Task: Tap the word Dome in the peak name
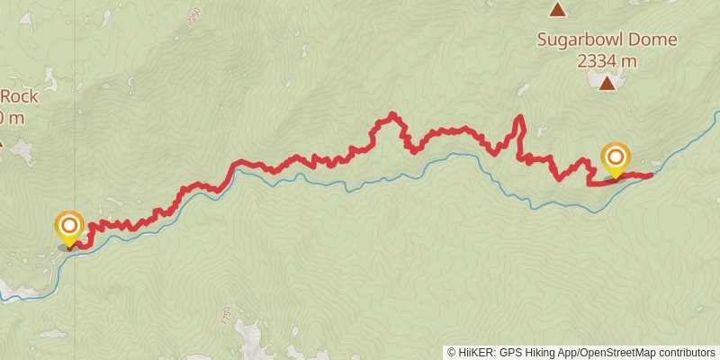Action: pyautogui.click(x=652, y=40)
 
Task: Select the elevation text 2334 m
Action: pyautogui.click(x=607, y=60)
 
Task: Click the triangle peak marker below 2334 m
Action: pyautogui.click(x=607, y=84)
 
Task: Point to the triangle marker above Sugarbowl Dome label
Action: pyautogui.click(x=558, y=10)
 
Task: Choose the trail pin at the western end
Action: pyautogui.click(x=69, y=227)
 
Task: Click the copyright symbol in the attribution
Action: pyautogui.click(x=452, y=352)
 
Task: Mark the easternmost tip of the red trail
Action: pyautogui.click(x=651, y=174)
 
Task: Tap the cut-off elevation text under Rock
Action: pyautogui.click(x=11, y=117)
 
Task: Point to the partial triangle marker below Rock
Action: pyautogui.click(x=2, y=141)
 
